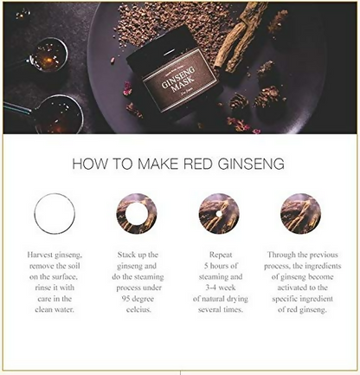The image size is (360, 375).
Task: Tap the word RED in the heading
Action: (x=208, y=162)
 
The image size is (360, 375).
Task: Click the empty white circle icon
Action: (x=55, y=214)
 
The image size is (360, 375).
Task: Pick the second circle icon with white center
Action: (x=137, y=214)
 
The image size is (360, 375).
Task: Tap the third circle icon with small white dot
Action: (x=219, y=214)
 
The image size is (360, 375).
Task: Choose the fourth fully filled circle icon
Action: (x=301, y=214)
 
